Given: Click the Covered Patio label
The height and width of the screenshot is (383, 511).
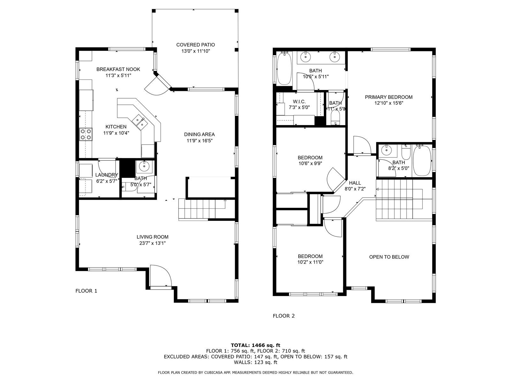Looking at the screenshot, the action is [195, 45].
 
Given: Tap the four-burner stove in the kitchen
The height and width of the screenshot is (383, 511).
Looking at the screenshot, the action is [86, 134].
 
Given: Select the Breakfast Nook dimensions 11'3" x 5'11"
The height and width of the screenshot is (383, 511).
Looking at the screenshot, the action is [118, 75].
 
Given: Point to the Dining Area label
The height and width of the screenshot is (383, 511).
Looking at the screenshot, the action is [199, 134].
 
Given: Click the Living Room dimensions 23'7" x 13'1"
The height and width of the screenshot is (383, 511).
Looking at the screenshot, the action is [152, 243].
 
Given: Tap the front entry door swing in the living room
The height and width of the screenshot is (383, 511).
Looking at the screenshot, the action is [161, 275].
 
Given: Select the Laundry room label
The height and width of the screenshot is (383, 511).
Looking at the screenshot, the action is [107, 175].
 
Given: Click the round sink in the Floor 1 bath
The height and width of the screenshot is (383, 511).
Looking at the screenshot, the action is [144, 167].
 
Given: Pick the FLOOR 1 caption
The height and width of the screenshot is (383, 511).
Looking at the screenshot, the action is [86, 291].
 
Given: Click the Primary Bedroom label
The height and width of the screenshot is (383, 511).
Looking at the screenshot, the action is [389, 97].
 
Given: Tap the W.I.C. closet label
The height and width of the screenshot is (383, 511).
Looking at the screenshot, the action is [299, 101].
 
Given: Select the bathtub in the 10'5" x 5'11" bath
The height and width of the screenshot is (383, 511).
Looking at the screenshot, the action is [284, 68].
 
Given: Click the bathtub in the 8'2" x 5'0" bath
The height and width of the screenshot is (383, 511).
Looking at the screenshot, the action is [422, 161].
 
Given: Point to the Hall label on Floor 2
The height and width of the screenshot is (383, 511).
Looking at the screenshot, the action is [355, 183].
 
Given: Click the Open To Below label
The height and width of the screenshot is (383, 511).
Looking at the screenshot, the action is [389, 257].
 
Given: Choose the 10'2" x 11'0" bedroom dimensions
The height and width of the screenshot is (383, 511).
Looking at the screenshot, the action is [310, 262].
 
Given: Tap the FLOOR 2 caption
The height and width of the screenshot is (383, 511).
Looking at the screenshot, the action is [284, 316].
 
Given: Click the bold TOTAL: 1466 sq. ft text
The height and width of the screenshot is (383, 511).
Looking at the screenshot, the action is [256, 345].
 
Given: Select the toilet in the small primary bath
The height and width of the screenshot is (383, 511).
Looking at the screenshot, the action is [335, 117].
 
